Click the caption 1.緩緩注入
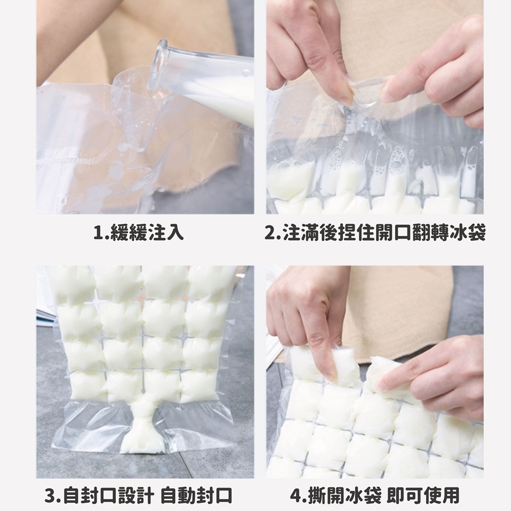point(138,233)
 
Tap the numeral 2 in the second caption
point(270,233)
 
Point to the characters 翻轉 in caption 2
point(430,233)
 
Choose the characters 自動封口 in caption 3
point(197,496)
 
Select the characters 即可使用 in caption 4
point(423,496)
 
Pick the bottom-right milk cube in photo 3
point(199,386)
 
